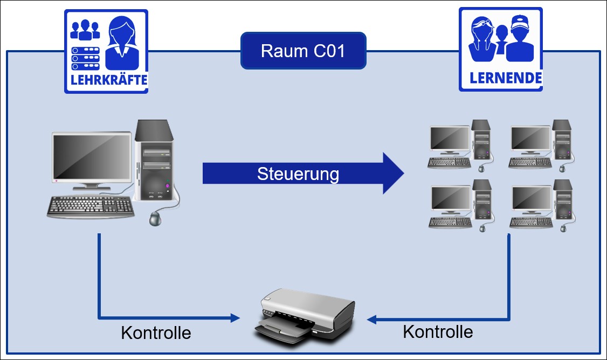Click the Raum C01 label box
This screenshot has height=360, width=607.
coord(303,51)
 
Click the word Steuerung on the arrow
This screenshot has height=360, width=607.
coord(298,175)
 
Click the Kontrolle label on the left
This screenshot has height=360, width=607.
coord(156,333)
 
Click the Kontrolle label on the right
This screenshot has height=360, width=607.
coord(438,331)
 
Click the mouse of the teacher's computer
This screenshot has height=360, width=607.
coord(155,219)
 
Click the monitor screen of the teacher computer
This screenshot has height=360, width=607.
coord(92,156)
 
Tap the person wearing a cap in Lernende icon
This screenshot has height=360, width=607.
coord(521,39)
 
